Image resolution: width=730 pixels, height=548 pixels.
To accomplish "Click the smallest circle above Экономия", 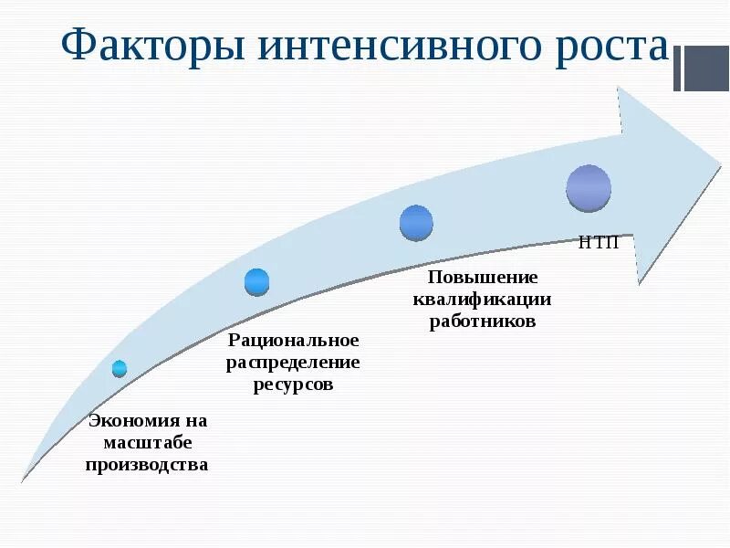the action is coord(120,368).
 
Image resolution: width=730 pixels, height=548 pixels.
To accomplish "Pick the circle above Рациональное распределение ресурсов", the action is coord(257,282).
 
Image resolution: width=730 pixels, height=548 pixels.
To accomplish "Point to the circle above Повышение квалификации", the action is coord(416,223).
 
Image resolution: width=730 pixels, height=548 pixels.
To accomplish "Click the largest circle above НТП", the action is coord(589,188).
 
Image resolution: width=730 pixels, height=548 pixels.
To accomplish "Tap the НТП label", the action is coord(600,242).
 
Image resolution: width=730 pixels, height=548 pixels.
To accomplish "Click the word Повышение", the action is coord(483,277).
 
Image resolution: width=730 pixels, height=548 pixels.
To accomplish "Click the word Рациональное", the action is coord(294,341).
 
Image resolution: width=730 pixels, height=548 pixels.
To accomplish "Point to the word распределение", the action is coord(294,363).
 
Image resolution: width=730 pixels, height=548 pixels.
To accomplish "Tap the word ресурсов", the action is coord(294,385).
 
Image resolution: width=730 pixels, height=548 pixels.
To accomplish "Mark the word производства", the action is coord(147,464).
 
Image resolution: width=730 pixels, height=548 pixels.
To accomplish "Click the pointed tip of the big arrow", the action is coord(720,163).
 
